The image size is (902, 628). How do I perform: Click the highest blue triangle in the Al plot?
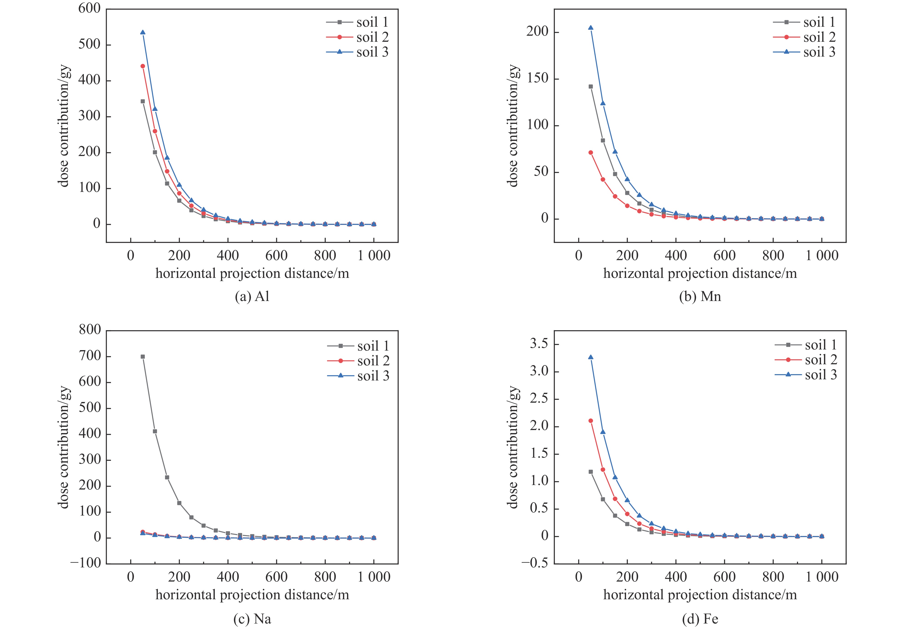point(143,32)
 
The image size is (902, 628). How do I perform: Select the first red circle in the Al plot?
point(143,66)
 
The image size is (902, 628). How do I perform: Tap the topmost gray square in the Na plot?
point(143,356)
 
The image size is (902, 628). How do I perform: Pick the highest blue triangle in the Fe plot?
point(590,357)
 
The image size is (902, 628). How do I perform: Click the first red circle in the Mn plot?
point(590,152)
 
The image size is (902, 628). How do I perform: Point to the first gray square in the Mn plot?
point(590,86)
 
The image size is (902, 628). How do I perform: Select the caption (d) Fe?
point(700,619)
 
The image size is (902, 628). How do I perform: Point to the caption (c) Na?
point(252,619)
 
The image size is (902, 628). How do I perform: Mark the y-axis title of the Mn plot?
point(513,126)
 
